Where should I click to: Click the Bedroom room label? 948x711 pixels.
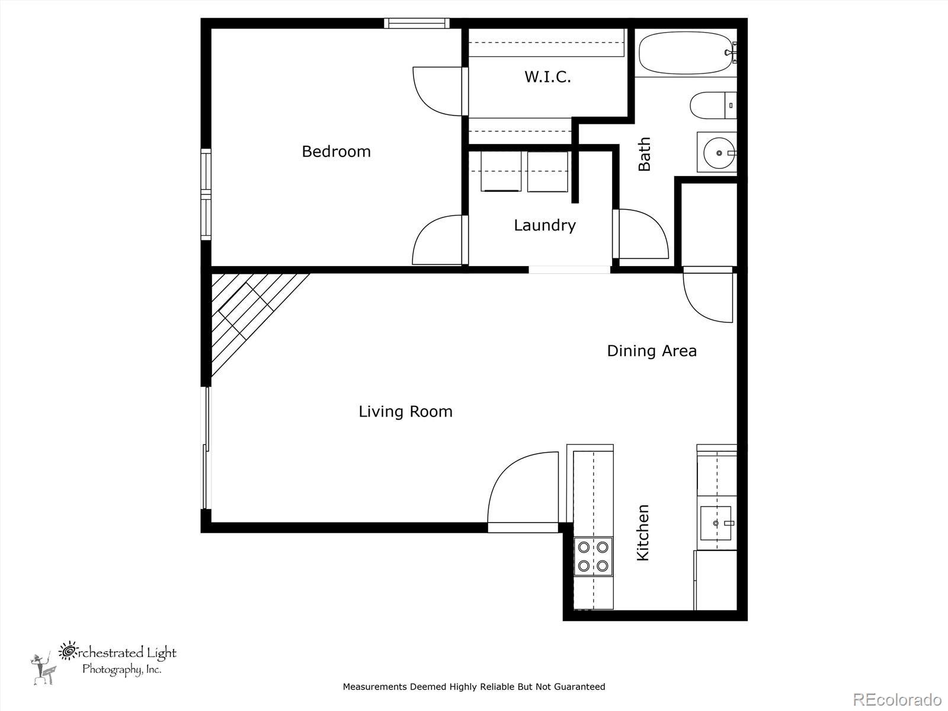[x=336, y=152]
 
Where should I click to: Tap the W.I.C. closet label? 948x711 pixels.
[x=547, y=77]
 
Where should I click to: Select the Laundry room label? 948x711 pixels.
[x=545, y=225]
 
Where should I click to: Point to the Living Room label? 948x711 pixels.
[x=405, y=411]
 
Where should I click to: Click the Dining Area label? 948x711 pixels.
[x=652, y=351]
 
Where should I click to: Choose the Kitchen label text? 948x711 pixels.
[x=643, y=533]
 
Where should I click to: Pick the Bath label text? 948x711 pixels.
[x=644, y=154]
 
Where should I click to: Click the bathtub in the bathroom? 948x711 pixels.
[x=686, y=53]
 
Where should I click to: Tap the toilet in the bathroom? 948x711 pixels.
[x=713, y=105]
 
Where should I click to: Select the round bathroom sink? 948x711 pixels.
[x=719, y=153]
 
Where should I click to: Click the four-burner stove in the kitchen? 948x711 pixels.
[x=593, y=556]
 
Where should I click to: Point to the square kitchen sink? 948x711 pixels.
[x=716, y=523]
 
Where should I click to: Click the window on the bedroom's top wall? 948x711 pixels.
[x=417, y=23]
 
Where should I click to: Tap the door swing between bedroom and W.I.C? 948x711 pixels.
[x=437, y=91]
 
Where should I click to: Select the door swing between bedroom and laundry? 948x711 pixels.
[x=437, y=240]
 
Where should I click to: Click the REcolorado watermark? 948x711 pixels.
[x=898, y=699]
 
